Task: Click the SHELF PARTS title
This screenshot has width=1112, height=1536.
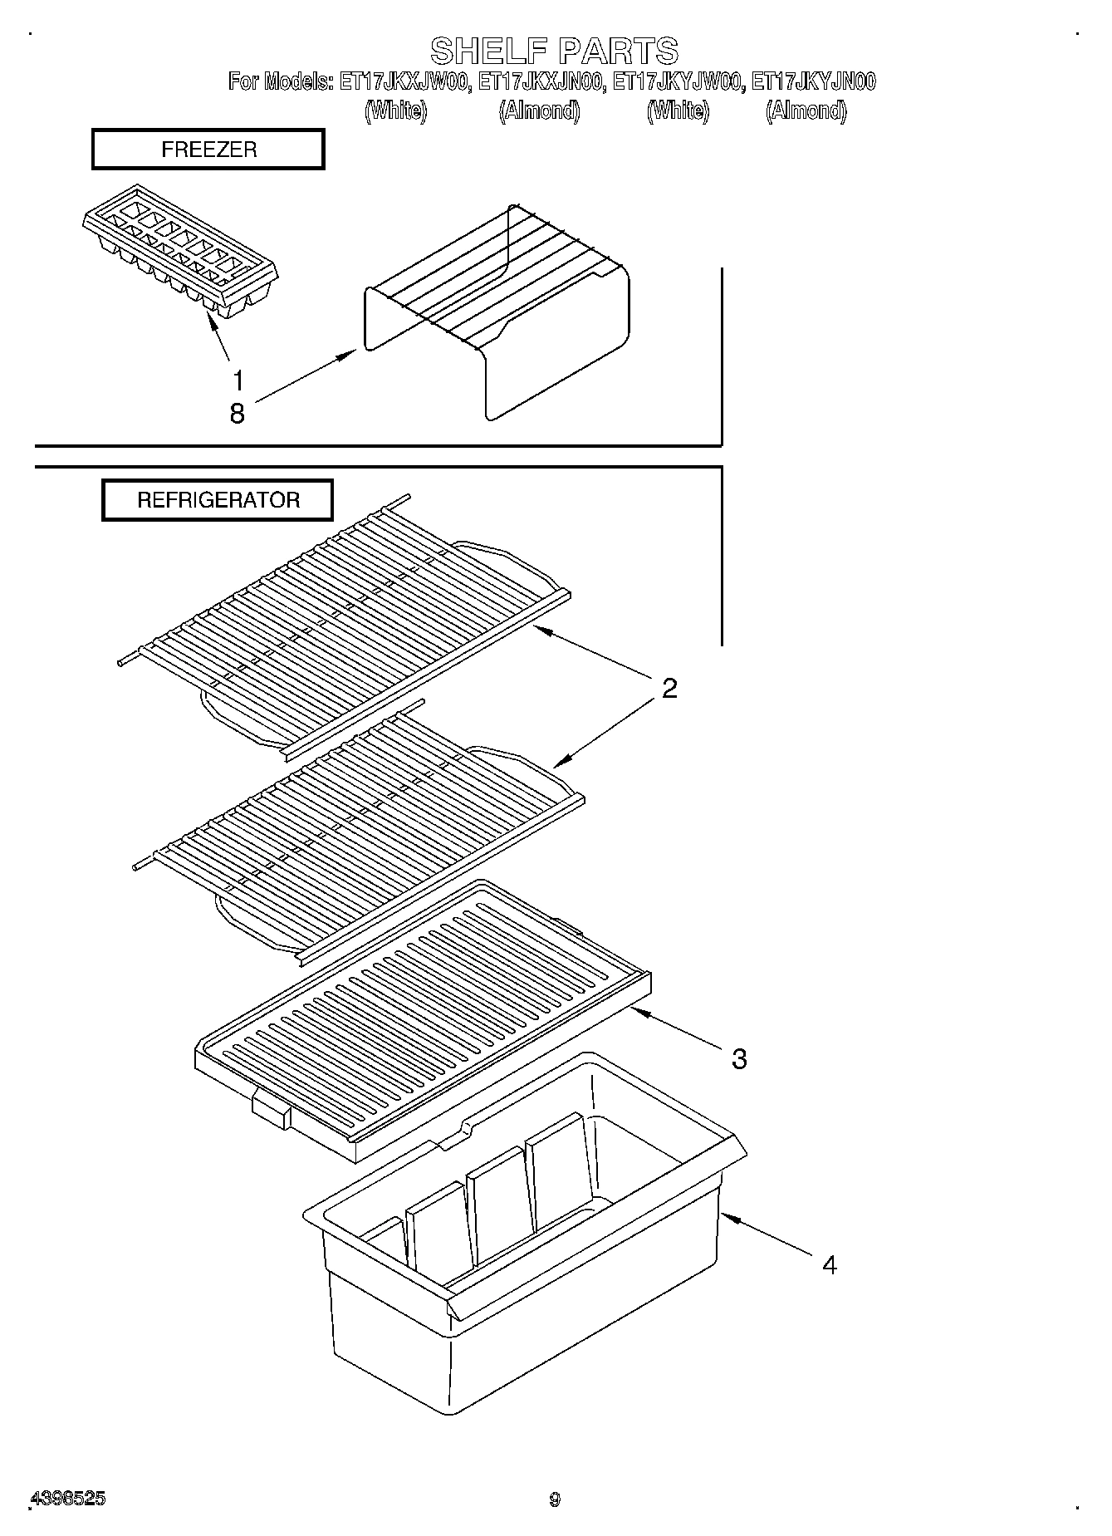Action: click(x=554, y=51)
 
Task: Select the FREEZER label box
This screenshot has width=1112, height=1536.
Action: click(x=208, y=150)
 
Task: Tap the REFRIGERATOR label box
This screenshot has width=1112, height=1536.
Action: click(x=218, y=500)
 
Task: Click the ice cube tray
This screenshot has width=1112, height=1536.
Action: click(x=179, y=249)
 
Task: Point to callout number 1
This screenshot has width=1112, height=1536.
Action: click(x=238, y=381)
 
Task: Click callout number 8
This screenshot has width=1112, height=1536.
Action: click(x=238, y=413)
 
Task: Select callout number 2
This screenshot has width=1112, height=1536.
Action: click(x=669, y=688)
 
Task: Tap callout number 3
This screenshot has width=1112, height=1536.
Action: click(x=739, y=1058)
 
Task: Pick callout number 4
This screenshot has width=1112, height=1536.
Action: click(x=829, y=1264)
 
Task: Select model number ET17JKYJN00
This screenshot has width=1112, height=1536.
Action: click(x=813, y=82)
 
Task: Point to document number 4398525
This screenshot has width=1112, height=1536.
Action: click(x=67, y=1499)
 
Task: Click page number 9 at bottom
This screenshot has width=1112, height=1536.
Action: click(x=555, y=1499)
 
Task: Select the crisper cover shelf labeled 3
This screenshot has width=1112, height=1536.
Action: click(x=424, y=1013)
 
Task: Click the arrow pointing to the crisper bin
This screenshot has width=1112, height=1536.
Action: click(x=764, y=1234)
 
